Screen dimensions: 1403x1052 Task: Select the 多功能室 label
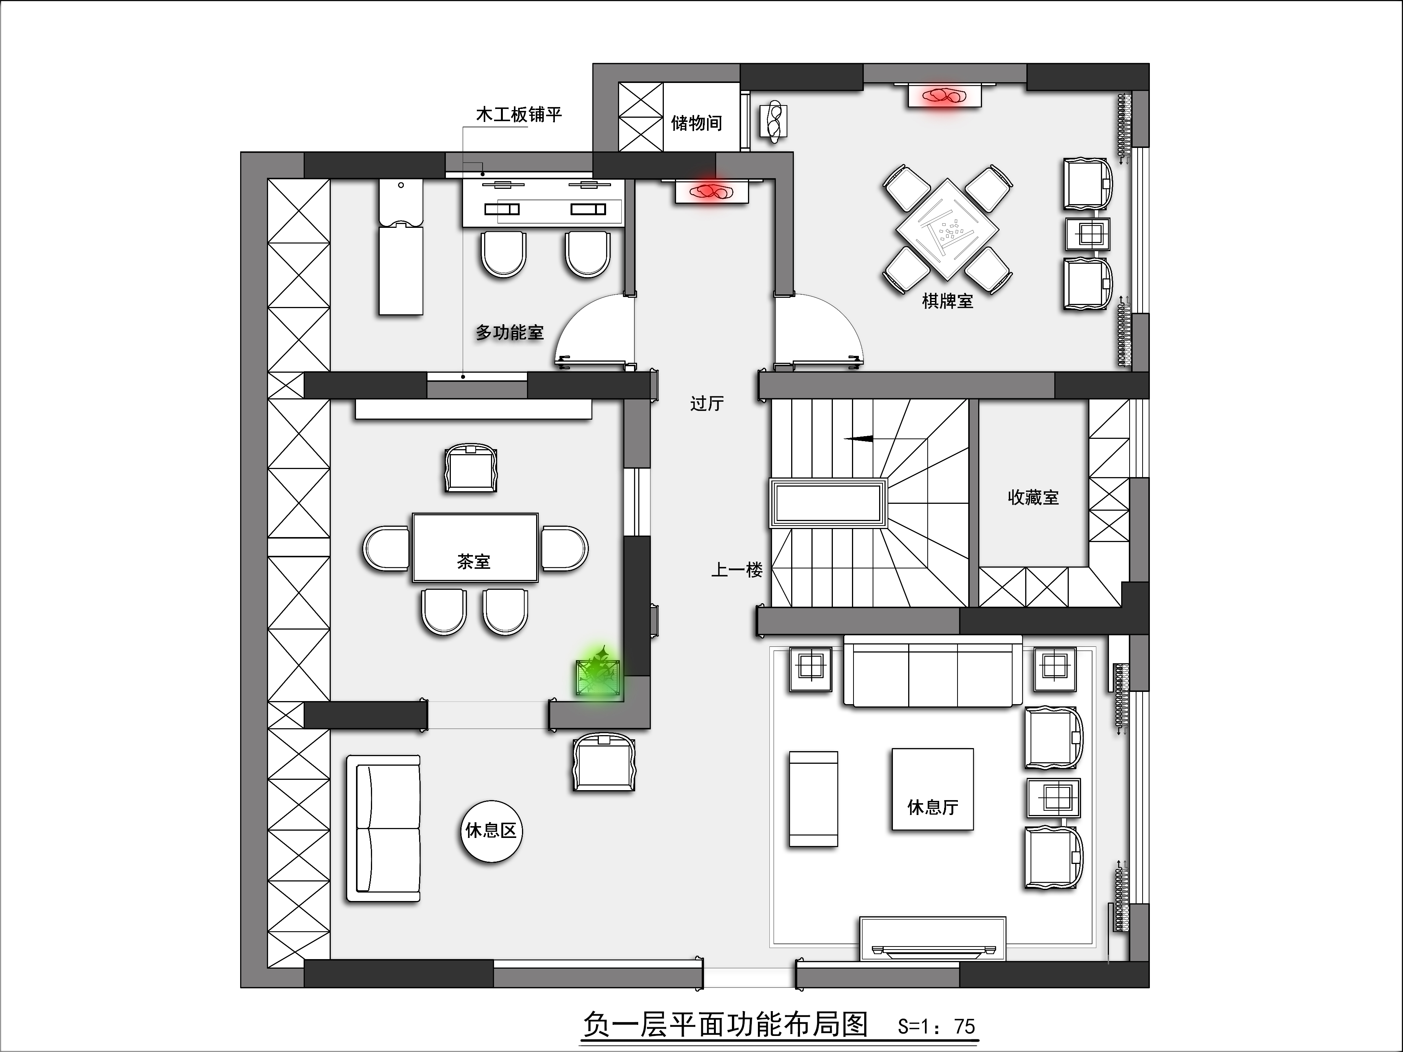(510, 332)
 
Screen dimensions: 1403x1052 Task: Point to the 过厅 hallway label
(707, 403)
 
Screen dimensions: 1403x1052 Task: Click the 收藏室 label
(1033, 497)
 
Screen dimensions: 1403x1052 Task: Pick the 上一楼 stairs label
(736, 570)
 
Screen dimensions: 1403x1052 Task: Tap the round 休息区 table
(491, 831)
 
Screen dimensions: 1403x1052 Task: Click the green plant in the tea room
(597, 674)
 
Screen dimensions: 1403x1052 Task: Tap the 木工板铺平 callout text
(519, 115)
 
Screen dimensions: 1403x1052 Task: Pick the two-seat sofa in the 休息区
(383, 828)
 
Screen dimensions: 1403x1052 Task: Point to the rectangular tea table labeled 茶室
(475, 548)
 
